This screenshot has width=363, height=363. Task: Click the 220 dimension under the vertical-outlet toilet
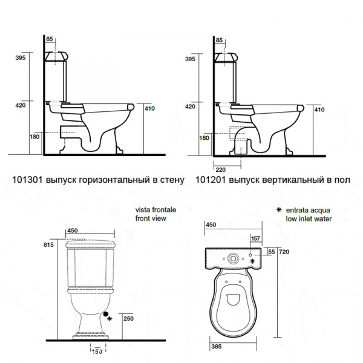tap(220, 170)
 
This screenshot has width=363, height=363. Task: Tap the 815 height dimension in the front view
tap(48, 244)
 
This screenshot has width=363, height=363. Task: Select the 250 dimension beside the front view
tap(128, 319)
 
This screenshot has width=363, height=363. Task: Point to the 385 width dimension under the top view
tap(217, 347)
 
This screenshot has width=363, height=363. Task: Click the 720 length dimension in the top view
tap(284, 252)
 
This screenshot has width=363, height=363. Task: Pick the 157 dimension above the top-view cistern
tap(255, 238)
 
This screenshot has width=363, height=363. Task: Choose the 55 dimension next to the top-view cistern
tap(272, 252)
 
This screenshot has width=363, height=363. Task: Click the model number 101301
tap(27, 180)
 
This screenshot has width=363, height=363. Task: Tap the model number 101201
tap(211, 180)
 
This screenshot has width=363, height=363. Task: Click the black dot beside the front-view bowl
tap(105, 314)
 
